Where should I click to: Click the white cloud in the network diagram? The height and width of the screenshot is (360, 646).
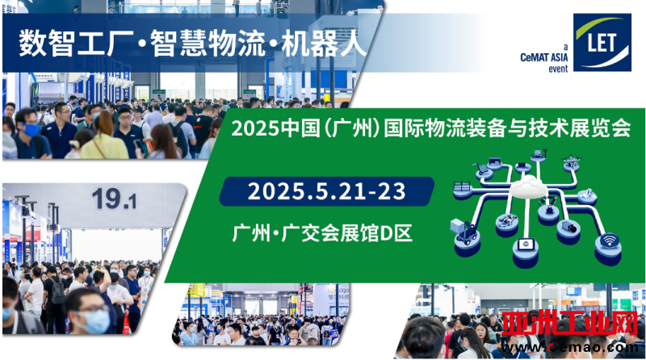tap(529, 186)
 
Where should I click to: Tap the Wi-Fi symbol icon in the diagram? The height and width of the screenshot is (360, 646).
tap(609, 241)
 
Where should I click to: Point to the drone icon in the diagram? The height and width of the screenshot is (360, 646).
tap(572, 161)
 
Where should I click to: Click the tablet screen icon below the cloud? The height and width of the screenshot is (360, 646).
tap(526, 245)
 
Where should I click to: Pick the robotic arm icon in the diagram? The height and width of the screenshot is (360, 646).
tap(548, 205)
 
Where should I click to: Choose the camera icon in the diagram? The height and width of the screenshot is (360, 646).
tap(569, 226)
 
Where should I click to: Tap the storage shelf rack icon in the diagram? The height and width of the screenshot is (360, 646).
tap(461, 186)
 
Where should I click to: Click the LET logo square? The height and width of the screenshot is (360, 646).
tap(602, 43)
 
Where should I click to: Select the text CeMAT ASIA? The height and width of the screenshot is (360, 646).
tap(543, 57)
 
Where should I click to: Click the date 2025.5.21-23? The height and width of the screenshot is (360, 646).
tap(326, 191)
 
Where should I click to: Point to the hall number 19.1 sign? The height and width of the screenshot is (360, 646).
tap(114, 199)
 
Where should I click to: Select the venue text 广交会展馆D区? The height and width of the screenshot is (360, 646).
tap(347, 233)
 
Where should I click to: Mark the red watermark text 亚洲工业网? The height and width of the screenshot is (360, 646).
tap(570, 324)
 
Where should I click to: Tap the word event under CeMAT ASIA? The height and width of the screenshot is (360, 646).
tap(558, 69)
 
